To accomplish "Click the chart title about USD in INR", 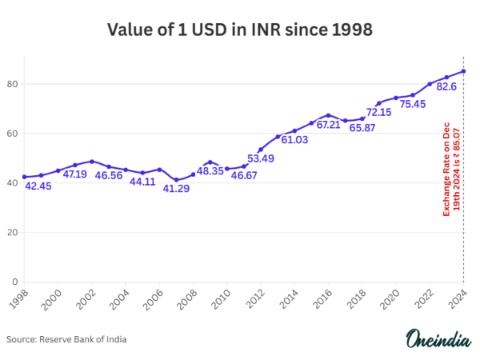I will pos(240,30).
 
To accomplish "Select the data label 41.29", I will pos(176,188).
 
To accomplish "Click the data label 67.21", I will pos(328,125).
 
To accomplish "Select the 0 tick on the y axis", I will pos(14,282).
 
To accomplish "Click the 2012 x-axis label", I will pos(257,301).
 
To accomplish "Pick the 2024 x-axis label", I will pos(462,301).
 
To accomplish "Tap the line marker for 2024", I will pos(464,71).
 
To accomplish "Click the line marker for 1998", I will pos(25,177).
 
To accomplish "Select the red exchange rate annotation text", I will pos(452,168).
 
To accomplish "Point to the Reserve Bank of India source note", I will pos(66,339).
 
